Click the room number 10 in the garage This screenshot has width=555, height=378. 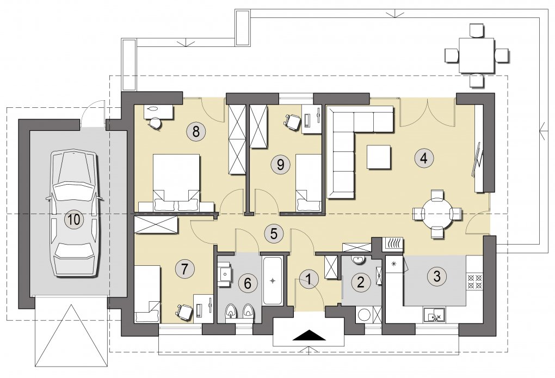click(x=75, y=220)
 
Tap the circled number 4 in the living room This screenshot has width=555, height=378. click(x=424, y=157)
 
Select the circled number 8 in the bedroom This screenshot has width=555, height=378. click(x=196, y=131)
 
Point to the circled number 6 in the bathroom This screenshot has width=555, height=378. click(x=248, y=283)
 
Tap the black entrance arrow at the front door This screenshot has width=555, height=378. click(x=309, y=335)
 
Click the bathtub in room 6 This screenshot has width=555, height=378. click(x=272, y=281)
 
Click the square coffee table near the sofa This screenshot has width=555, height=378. click(x=378, y=157)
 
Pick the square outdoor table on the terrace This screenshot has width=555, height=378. click(x=477, y=55)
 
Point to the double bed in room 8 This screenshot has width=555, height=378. click(x=176, y=183)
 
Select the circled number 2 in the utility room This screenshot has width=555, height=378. click(x=361, y=282)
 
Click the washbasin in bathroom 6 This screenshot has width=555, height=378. click(x=224, y=273)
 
